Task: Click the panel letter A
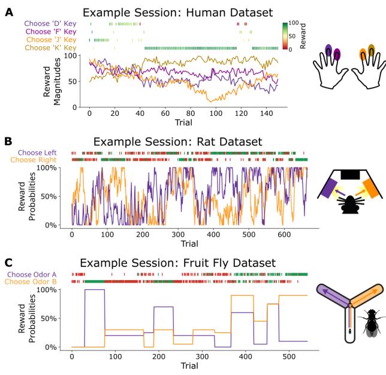tap(8, 11)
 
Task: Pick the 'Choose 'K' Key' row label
tap(50, 47)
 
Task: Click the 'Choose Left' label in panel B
tap(49, 153)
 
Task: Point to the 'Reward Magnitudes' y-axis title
tap(59, 81)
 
